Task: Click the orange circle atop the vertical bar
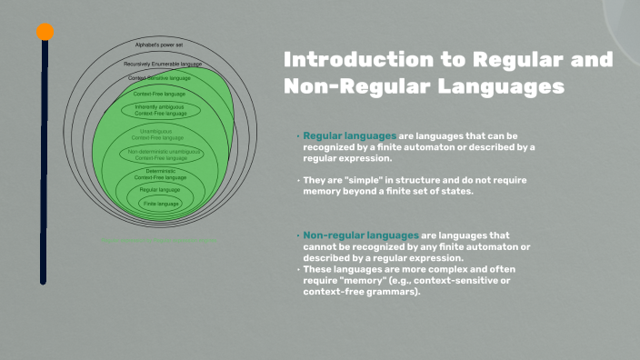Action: coord(45,32)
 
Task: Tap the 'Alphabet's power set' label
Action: coord(160,45)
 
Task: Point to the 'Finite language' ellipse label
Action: coord(161,204)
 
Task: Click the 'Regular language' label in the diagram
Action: coord(160,189)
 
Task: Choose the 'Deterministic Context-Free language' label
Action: coord(161,174)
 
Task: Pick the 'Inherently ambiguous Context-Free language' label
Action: coord(160,109)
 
